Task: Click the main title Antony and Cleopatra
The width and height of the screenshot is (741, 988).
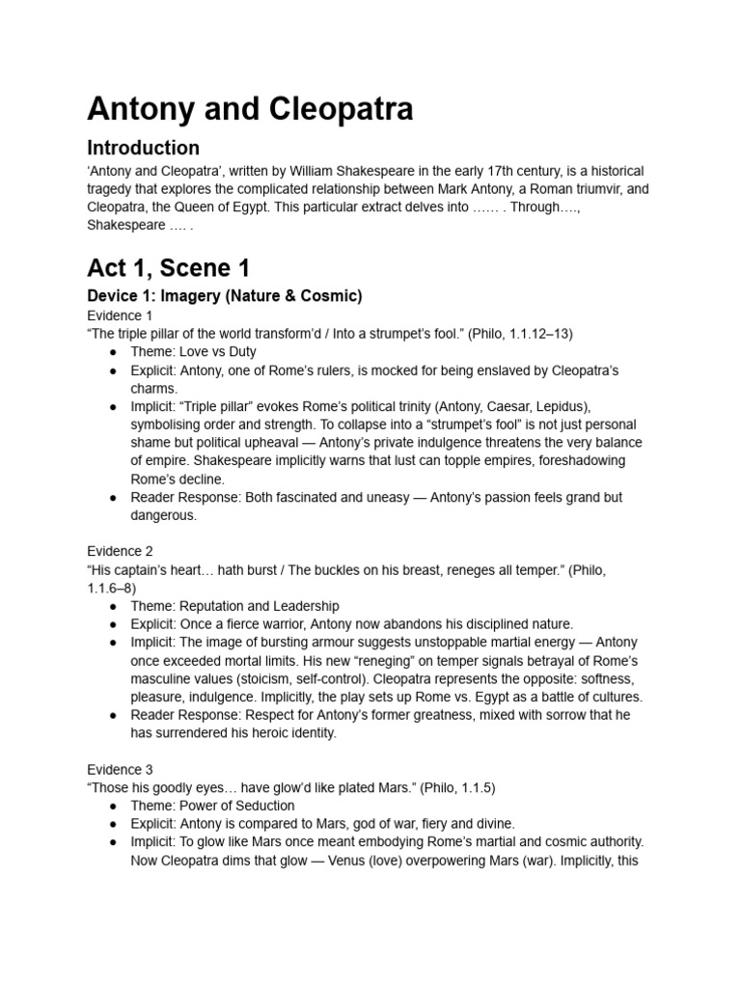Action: coord(250,108)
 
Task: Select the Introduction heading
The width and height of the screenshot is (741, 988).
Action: coord(144,148)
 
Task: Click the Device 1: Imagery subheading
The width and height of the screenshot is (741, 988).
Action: coord(225,295)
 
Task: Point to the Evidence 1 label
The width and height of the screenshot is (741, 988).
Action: coord(120,316)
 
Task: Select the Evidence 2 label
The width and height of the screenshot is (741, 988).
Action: coord(120,551)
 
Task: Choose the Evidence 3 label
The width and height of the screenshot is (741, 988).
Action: coord(120,769)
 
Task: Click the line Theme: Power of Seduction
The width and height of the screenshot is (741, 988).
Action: coord(212,806)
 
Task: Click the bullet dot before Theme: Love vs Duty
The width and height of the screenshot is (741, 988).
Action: coord(113,353)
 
